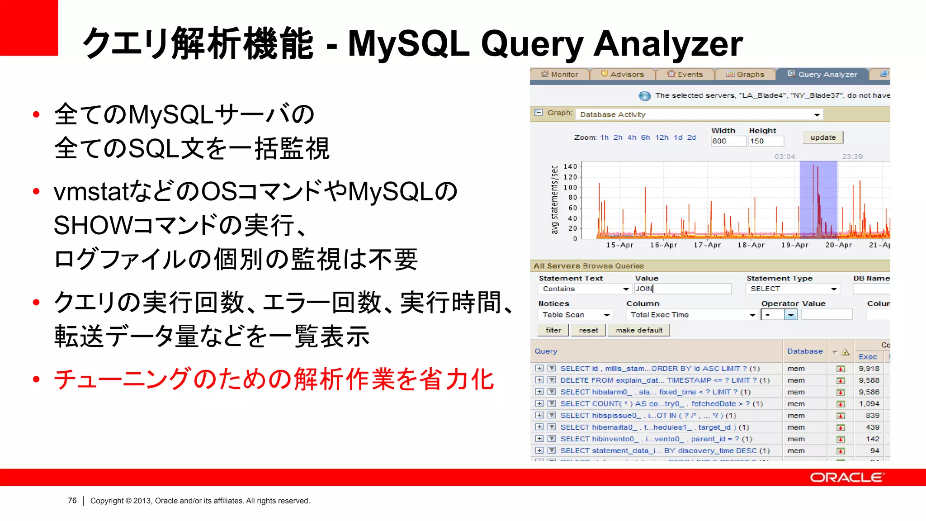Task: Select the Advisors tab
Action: (x=623, y=74)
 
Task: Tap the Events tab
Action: (x=685, y=74)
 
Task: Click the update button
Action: (x=823, y=137)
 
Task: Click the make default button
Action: (x=639, y=330)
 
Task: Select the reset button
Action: (x=588, y=330)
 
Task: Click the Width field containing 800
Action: (x=728, y=141)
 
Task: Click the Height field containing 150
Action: (x=765, y=141)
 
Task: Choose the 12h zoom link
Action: (x=661, y=137)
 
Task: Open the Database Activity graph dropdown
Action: (x=699, y=114)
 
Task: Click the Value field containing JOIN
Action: (x=682, y=289)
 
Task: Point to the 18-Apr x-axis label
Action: (x=751, y=245)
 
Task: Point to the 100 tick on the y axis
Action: (x=570, y=187)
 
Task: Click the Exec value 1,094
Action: (x=869, y=404)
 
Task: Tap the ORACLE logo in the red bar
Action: (x=846, y=478)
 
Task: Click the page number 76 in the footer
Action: (x=72, y=501)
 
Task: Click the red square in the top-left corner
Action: (x=28, y=28)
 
